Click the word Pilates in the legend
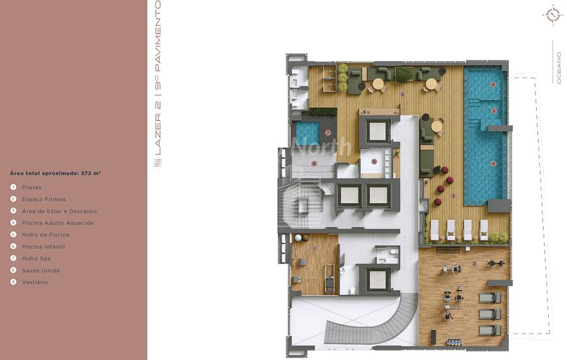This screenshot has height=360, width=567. tap(31, 187)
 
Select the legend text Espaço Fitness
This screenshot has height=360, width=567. tap(43, 199)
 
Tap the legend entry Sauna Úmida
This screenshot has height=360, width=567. tap(41, 270)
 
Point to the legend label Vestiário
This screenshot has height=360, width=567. tap(35, 282)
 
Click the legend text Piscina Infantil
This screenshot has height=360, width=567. tap(43, 247)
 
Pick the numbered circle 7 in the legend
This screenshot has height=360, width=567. tap(13, 258)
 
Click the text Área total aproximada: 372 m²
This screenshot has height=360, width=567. tap(55, 173)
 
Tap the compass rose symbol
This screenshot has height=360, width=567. tap(553, 15)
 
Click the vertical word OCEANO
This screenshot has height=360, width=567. tap(559, 68)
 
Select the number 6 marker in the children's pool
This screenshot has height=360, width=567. tap(493, 84)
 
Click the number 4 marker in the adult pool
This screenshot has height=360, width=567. tap(493, 164)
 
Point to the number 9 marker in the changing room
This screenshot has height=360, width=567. tap(374, 162)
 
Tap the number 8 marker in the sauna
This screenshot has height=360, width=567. tap(314, 163)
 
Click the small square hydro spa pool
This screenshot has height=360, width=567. tap(307, 132)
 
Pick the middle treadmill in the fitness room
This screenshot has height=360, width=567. tap(490, 314)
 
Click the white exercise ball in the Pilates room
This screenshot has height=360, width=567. tap(299, 238)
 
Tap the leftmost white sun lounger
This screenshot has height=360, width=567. tap(434, 229)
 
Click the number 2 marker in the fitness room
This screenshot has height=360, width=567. tap(474, 264)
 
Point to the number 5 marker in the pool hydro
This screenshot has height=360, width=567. tap(494, 111)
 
